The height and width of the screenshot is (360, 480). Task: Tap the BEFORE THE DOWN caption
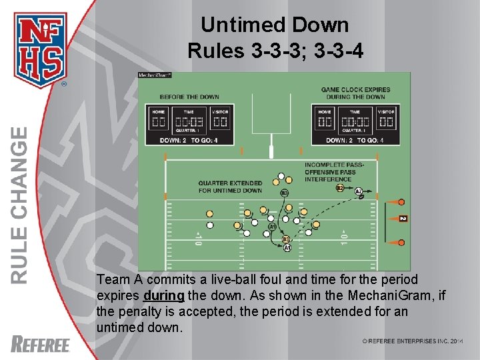(x=189, y=97)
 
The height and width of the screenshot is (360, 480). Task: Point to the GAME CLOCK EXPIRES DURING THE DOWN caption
(x=355, y=93)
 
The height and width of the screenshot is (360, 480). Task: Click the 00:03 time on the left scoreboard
(x=189, y=123)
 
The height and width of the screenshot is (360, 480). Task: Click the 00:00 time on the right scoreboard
(x=355, y=123)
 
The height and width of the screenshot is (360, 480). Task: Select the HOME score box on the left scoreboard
(x=159, y=123)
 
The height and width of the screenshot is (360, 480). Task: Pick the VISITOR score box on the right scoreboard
(x=386, y=123)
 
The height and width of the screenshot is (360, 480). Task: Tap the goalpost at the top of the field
(x=271, y=127)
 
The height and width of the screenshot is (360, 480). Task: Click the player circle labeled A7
(x=359, y=192)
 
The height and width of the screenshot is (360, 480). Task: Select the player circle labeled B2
(x=340, y=189)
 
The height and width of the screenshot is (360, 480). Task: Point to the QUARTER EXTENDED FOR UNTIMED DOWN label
(x=230, y=187)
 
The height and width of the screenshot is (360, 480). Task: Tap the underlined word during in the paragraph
(x=163, y=295)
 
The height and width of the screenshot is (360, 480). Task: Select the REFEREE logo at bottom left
(x=41, y=344)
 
